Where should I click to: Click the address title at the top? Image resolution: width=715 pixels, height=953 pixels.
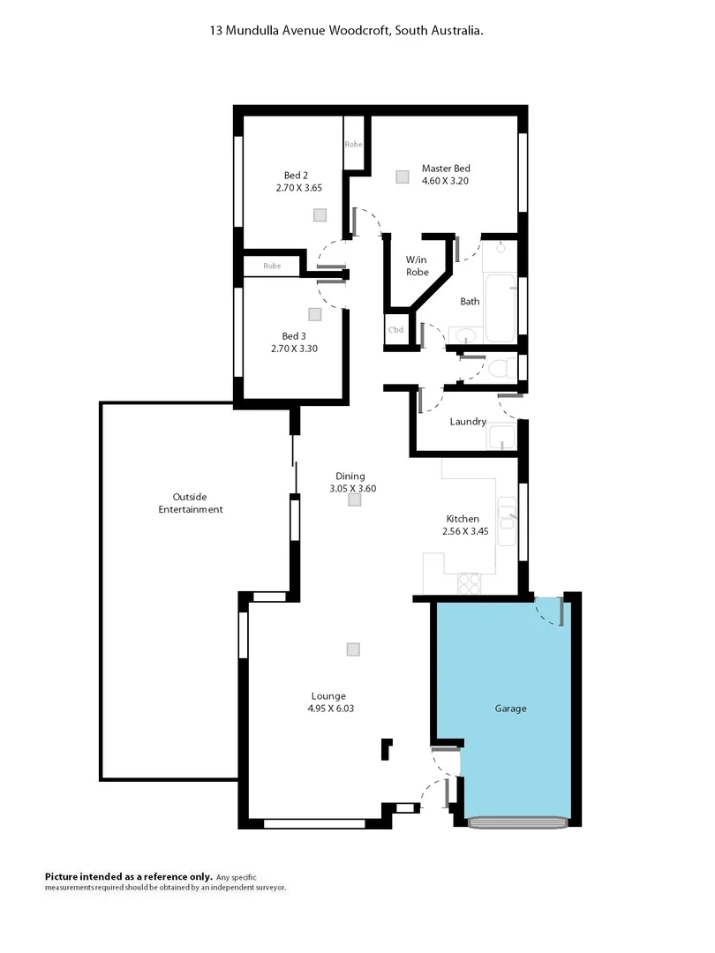[x=346, y=30]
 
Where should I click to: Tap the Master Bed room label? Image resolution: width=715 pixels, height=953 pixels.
[x=445, y=169]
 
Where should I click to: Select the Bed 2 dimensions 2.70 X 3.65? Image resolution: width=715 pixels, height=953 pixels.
[x=297, y=187]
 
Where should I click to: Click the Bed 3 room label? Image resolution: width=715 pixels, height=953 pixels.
[x=295, y=336]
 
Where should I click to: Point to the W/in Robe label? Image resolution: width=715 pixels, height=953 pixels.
[x=418, y=266]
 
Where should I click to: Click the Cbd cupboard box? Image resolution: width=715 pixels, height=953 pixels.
[x=396, y=330]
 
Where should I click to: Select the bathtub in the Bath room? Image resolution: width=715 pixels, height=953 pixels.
[x=500, y=308]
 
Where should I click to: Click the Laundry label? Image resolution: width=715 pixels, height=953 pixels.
[x=468, y=422]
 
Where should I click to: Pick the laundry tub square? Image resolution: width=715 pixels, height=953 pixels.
[x=502, y=436]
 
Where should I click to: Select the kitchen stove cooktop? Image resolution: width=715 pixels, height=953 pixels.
[x=468, y=582]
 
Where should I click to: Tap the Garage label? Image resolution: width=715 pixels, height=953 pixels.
[x=510, y=708]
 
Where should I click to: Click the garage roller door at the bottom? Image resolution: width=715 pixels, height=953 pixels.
[x=517, y=822]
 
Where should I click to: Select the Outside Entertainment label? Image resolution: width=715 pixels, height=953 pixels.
[x=191, y=503]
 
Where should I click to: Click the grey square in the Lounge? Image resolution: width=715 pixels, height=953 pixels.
[x=353, y=649]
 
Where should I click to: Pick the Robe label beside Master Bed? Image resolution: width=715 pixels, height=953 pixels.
[x=354, y=144]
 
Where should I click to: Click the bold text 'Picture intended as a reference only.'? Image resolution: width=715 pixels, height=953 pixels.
[x=129, y=876]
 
